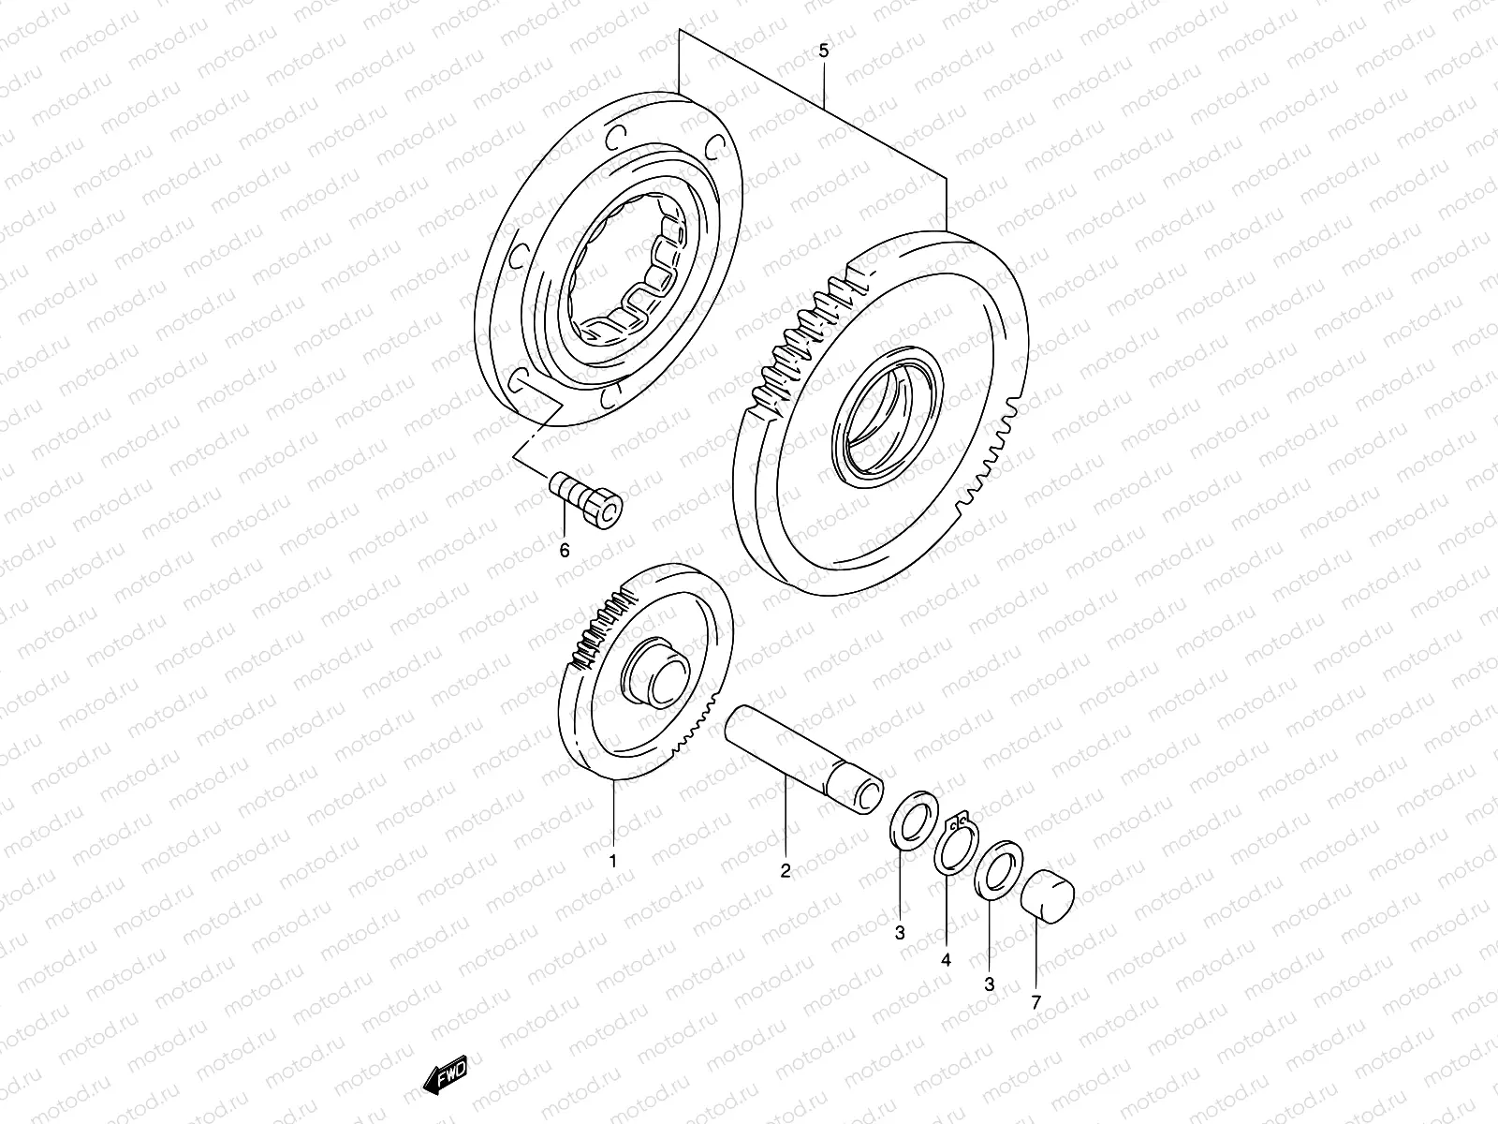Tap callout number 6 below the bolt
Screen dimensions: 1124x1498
click(564, 551)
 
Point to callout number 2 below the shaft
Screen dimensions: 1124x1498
click(786, 870)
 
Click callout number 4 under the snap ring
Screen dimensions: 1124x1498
click(946, 959)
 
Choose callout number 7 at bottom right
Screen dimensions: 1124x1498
click(1036, 1002)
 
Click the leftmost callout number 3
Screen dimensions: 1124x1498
click(900, 934)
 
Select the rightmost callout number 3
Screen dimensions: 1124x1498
click(989, 983)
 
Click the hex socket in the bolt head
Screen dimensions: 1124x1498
click(609, 510)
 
